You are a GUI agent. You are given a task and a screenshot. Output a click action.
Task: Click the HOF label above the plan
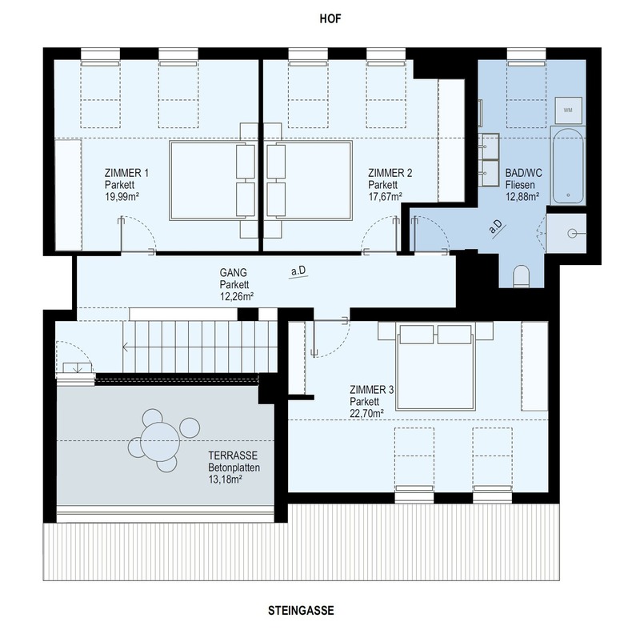(x=330, y=18)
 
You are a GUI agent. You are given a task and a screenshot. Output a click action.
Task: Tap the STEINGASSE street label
(x=301, y=610)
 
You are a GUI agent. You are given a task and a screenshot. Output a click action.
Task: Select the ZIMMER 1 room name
(x=126, y=173)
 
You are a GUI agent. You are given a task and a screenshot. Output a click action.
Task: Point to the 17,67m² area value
(x=386, y=197)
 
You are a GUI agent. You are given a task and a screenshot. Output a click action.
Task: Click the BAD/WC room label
(x=524, y=173)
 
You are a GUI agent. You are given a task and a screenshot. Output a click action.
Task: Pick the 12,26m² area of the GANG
(x=237, y=296)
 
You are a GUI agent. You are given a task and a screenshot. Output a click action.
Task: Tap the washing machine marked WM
(x=568, y=110)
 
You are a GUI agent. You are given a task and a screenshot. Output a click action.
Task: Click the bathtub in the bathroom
(x=568, y=166)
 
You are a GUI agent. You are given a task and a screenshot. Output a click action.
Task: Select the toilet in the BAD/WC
(x=522, y=275)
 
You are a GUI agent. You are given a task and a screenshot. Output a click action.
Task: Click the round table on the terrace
(x=160, y=442)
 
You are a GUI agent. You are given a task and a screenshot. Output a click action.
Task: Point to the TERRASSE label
(x=233, y=455)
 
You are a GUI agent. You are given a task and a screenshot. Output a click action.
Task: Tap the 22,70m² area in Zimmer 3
(x=366, y=413)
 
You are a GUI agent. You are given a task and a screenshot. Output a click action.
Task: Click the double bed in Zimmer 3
(x=435, y=367)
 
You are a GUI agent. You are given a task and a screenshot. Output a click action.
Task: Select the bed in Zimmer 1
(x=213, y=181)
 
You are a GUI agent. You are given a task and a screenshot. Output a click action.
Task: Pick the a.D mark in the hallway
(x=298, y=271)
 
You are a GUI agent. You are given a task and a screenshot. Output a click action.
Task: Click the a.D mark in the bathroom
(x=496, y=227)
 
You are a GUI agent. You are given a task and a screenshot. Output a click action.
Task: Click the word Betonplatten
(x=234, y=467)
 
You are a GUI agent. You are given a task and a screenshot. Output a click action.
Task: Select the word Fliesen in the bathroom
(x=520, y=185)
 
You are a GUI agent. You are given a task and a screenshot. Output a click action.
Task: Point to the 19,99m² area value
(x=122, y=197)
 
